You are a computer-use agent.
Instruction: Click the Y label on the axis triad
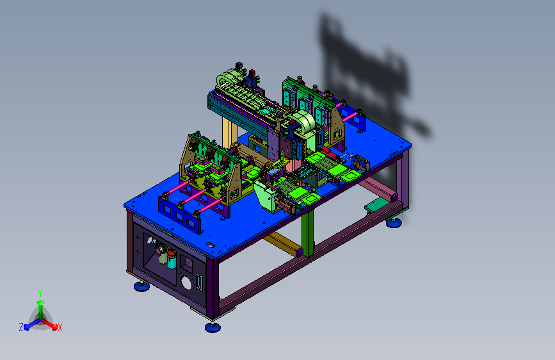pyautogui.click(x=40, y=293)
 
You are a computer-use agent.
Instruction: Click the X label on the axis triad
pyautogui.click(x=60, y=327)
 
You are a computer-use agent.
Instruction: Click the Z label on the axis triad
pyautogui.click(x=21, y=327)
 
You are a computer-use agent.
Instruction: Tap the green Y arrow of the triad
pyautogui.click(x=41, y=308)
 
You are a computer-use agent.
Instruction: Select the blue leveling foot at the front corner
pyautogui.click(x=213, y=327)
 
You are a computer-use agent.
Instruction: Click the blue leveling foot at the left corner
pyautogui.click(x=141, y=286)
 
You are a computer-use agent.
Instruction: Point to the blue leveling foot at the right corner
pyautogui.click(x=394, y=222)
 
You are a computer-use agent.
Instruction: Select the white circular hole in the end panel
pyautogui.click(x=186, y=282)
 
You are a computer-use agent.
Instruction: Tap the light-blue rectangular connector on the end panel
pyautogui.click(x=200, y=282)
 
